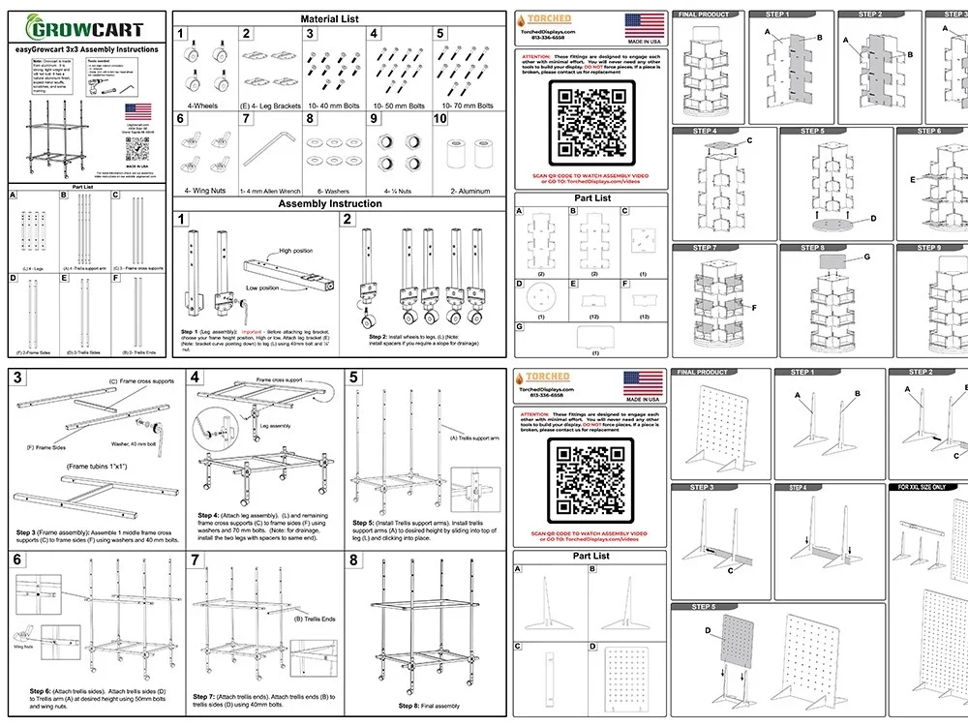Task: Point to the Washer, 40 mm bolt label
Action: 136,444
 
